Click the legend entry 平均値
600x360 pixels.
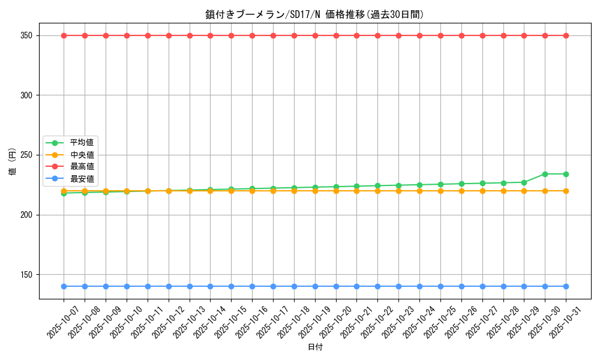point(82,143)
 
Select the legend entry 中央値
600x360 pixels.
point(82,155)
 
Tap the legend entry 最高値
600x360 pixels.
point(82,166)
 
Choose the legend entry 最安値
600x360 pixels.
point(82,178)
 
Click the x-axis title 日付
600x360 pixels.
point(315,347)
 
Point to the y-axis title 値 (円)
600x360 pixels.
point(12,161)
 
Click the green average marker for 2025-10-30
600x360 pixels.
point(545,174)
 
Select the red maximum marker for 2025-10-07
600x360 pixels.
point(64,35)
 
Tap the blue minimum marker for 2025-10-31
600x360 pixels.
point(566,286)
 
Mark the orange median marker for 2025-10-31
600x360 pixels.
point(566,191)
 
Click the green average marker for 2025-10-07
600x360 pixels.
point(64,193)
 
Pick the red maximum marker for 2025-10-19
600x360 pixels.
point(315,35)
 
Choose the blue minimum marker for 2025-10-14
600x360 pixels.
point(210,286)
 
